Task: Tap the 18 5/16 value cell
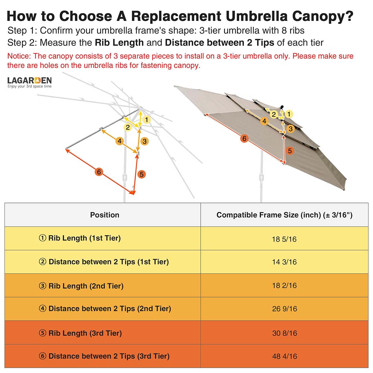pos(284,239)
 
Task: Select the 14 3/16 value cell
pos(284,262)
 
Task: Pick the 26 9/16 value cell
pos(284,309)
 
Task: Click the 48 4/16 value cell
pos(284,356)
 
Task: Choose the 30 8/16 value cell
pos(284,333)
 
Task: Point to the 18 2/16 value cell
pos(284,286)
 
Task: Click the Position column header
pos(104,215)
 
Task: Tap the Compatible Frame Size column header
pos(284,215)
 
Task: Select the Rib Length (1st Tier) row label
pos(80,238)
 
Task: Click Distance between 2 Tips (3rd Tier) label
pos(104,356)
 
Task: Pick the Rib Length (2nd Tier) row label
pos(81,286)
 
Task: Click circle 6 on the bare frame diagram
pos(98,172)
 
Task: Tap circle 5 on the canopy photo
pos(290,151)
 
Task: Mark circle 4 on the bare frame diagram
pos(119,141)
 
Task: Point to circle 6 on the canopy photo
pos(244,139)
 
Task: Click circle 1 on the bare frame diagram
pos(147,120)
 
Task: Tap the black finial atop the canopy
pos(282,107)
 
